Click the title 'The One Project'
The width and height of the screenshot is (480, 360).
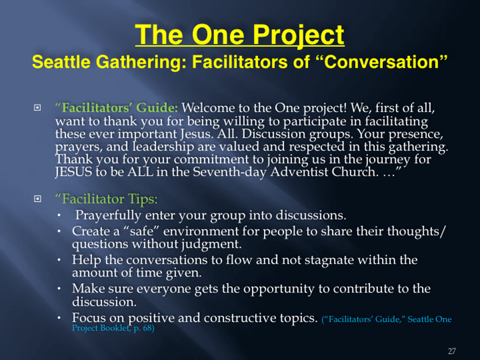coord(240,35)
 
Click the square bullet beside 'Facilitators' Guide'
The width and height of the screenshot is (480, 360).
coord(37,107)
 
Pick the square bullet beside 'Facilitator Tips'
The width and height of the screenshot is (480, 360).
coord(37,199)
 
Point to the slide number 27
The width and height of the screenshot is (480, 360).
coord(452,351)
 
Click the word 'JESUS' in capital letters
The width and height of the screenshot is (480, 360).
coord(74,172)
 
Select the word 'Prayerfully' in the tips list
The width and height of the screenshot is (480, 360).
coord(108,215)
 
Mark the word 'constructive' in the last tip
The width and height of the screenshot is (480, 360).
coord(240,318)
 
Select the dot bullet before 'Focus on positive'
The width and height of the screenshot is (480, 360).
coord(59,318)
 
